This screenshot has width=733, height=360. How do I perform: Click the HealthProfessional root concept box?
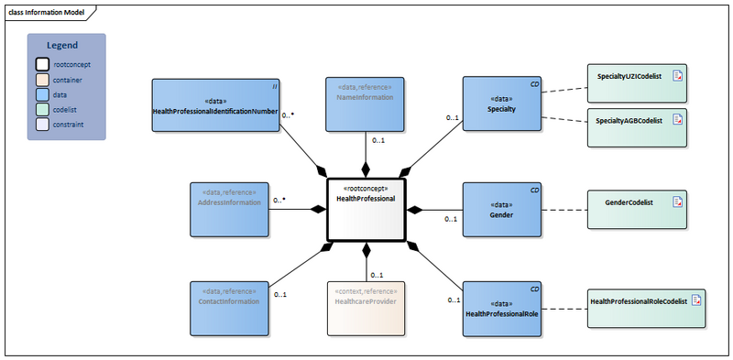coord(366,210)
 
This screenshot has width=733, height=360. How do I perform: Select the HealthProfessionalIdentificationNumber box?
coord(215,105)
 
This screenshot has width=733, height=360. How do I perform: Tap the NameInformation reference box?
coord(365,105)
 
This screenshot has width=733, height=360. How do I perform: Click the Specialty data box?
coord(501,105)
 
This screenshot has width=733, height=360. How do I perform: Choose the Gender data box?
coord(501,210)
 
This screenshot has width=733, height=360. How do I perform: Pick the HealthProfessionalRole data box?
coord(501,309)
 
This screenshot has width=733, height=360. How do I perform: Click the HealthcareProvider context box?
coord(365,309)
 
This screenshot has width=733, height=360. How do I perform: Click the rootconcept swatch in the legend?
coord(42,65)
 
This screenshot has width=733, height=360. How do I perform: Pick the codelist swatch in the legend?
coord(42,109)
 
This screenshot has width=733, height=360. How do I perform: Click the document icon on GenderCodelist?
coord(677,203)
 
